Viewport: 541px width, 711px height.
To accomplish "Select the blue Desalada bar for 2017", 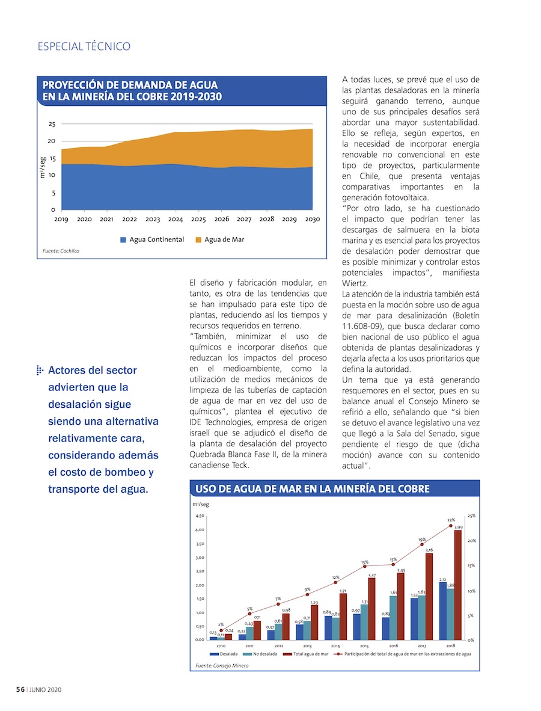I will [414, 619].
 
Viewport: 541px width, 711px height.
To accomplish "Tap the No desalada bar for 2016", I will [393, 618].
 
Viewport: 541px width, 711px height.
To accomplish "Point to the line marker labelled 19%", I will [422, 544].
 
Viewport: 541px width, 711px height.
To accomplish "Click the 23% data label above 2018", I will [451, 520].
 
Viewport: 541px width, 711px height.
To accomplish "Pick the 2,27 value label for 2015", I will [372, 575].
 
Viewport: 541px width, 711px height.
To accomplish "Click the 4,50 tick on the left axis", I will [200, 516].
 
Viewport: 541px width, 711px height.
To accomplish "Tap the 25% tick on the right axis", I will [471, 516].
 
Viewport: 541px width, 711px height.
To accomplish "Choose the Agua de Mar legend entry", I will [220, 239].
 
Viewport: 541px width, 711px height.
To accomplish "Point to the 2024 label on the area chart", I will [176, 220].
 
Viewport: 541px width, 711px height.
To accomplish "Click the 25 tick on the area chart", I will [52, 124].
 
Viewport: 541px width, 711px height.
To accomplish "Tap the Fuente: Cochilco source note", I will [61, 251].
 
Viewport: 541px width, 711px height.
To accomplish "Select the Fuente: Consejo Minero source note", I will [222, 665].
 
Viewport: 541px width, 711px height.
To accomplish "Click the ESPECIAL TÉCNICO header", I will [84, 46].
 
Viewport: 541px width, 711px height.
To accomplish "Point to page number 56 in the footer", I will [20, 690].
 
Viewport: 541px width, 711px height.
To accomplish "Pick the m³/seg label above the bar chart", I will [200, 504].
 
